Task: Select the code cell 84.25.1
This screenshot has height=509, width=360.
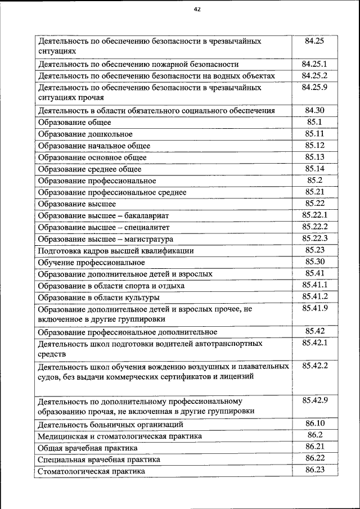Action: click(x=314, y=64)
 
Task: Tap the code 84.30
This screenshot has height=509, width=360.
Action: click(x=314, y=110)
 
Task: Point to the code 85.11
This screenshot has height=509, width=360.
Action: click(x=314, y=134)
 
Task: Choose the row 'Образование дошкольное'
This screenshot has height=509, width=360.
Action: click(x=85, y=134)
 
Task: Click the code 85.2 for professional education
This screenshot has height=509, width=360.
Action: click(x=314, y=181)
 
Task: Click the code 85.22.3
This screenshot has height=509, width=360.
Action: click(x=314, y=238)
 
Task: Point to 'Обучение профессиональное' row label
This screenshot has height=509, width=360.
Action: click(x=91, y=262)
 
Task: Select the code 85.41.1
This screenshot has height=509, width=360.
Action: click(x=314, y=285)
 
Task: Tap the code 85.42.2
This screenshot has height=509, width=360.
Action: click(x=314, y=366)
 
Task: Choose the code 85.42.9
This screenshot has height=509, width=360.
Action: click(x=314, y=400)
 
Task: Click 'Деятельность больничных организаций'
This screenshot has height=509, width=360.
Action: click(x=110, y=425)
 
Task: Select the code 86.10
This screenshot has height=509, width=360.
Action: click(x=314, y=424)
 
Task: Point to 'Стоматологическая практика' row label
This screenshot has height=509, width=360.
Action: click(x=91, y=471)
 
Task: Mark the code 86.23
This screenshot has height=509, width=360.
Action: click(x=314, y=470)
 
